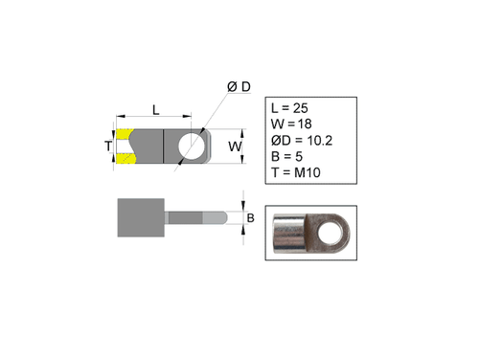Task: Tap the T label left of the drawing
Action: [x=108, y=146]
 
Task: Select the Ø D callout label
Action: [x=239, y=87]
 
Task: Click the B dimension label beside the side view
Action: [x=251, y=218]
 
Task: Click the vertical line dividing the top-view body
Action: [x=166, y=146]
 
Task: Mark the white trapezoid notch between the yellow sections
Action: [x=125, y=146]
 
